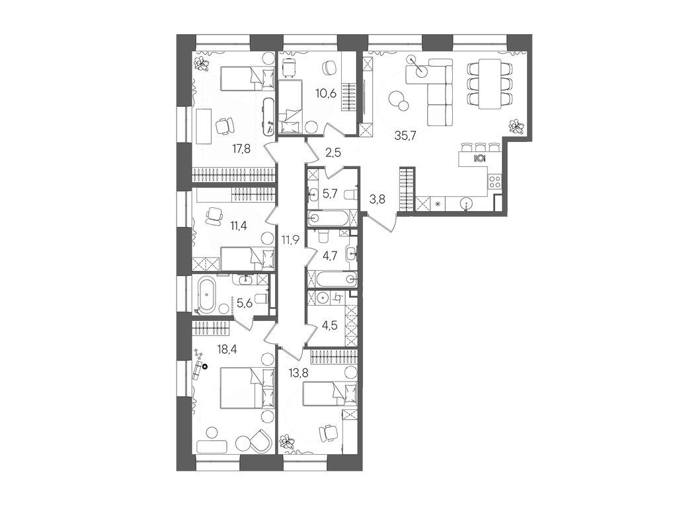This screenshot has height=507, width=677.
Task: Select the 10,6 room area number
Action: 327,93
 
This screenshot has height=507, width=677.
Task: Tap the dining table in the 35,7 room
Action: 490,84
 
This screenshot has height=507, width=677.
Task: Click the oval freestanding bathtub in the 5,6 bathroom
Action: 209,294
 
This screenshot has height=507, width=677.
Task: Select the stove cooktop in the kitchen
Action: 495,181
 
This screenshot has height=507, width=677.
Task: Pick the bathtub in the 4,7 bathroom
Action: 335,279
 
